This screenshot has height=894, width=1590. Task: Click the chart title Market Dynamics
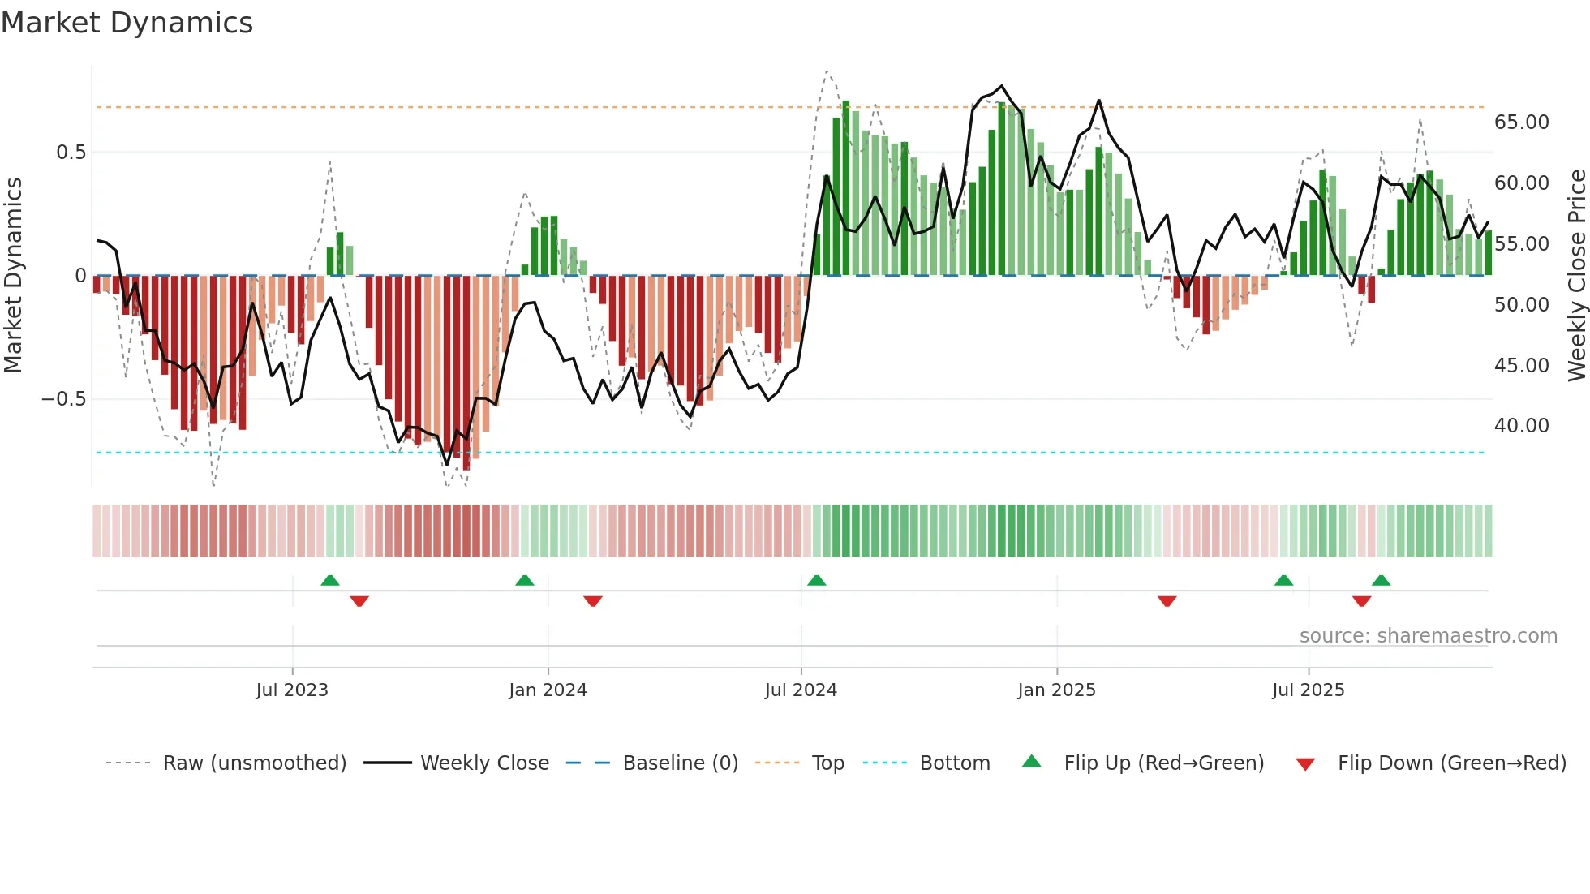[127, 23]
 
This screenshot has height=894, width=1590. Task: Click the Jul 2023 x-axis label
[292, 690]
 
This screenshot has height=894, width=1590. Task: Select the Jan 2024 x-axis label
[548, 690]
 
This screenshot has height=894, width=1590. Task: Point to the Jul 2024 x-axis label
[801, 690]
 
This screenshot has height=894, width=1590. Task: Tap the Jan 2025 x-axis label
[1056, 690]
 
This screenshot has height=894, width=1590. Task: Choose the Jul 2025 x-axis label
[1308, 690]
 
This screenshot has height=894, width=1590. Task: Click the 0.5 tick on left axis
[71, 153]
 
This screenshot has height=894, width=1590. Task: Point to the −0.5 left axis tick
[63, 399]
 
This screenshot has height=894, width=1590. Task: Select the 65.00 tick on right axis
[1521, 122]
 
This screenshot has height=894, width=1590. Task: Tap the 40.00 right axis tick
[1521, 426]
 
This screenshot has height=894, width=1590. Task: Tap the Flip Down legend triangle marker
[1305, 764]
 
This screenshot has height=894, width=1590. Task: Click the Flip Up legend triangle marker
[1031, 761]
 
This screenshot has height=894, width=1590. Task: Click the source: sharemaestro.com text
[1428, 636]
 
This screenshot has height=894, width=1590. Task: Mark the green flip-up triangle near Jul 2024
[817, 580]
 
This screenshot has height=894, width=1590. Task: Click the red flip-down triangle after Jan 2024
[593, 601]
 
